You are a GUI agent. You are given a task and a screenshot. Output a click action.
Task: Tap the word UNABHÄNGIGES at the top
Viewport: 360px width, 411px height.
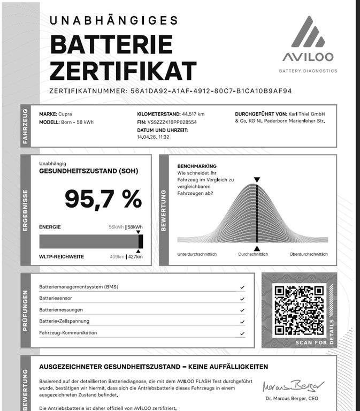coord(113,20)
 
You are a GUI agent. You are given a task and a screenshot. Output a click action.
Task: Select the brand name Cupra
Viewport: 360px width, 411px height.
coord(65,114)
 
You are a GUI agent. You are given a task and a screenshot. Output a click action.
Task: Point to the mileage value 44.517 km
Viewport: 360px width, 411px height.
coord(193,114)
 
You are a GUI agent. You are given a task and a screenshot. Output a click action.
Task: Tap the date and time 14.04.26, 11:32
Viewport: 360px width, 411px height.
coord(153,137)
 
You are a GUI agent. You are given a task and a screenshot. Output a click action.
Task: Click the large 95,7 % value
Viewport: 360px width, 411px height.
coord(103,199)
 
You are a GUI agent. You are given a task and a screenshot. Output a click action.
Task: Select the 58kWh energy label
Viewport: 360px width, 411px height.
coord(135,227)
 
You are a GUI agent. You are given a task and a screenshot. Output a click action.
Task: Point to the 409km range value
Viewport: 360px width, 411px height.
coord(117,257)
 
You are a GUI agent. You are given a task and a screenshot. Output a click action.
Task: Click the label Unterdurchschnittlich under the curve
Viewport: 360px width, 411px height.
coord(197,254)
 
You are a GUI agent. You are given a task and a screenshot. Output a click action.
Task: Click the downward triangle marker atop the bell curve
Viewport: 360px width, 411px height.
coord(257,180)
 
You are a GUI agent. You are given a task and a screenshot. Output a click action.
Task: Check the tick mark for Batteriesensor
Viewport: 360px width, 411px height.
coord(242,299)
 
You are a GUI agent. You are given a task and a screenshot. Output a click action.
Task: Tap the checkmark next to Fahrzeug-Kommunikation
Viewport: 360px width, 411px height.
coord(242,333)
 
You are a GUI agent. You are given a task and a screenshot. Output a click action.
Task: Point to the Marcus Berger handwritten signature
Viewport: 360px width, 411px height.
coord(293,386)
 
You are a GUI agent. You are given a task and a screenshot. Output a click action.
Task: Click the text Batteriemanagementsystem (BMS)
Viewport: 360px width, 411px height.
coord(79,287)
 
